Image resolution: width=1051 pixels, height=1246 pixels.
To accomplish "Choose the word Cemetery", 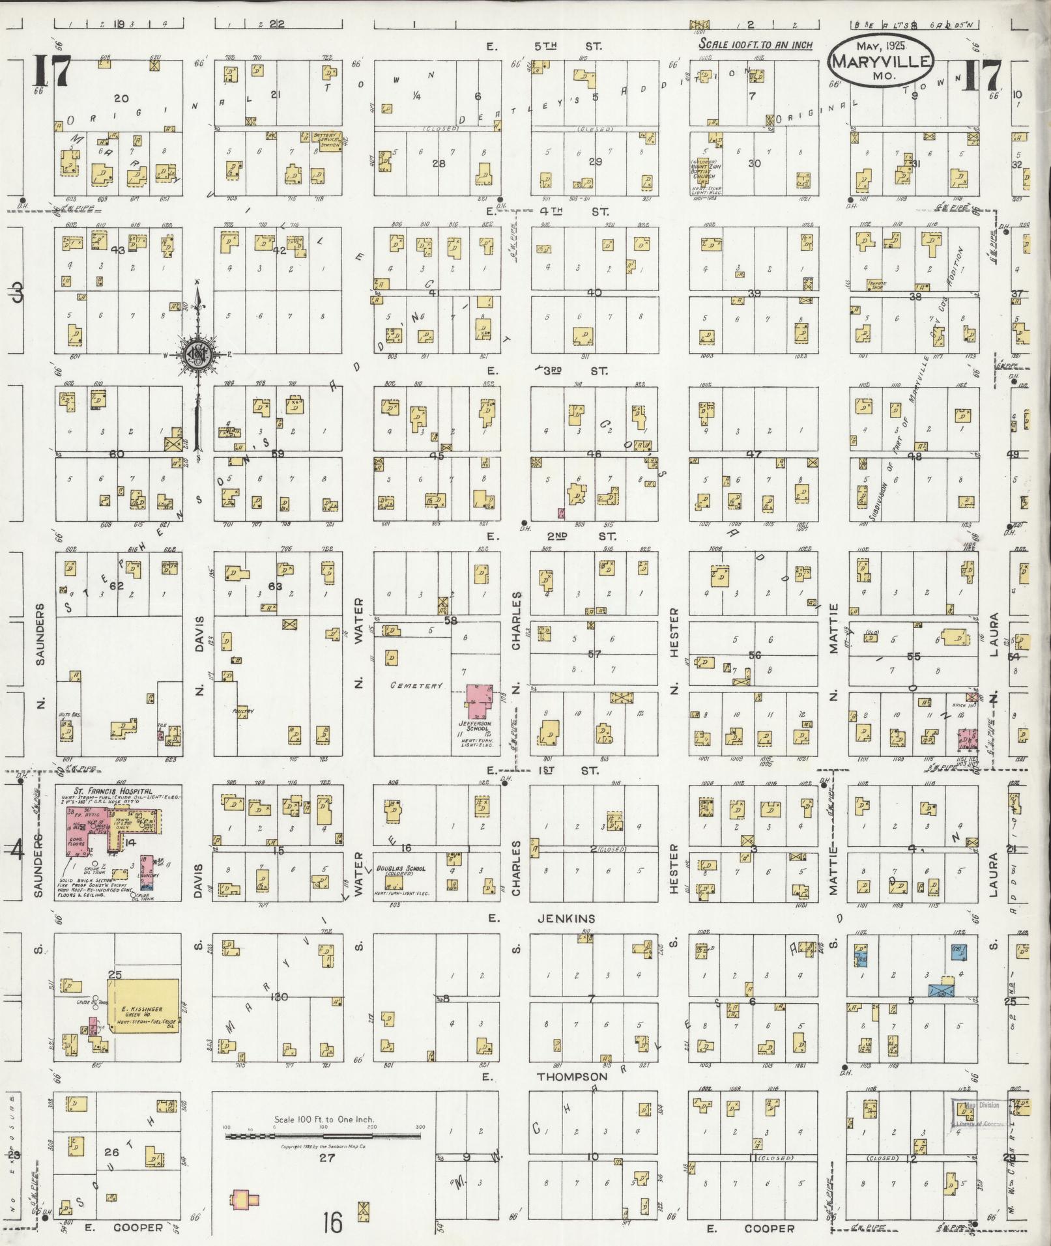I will point(416,685).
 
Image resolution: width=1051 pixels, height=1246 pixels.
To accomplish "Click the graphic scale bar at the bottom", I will point(323,1137).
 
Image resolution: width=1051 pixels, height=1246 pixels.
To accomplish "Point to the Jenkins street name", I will point(566,918).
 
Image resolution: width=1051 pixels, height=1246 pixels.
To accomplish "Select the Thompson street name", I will point(572,1077).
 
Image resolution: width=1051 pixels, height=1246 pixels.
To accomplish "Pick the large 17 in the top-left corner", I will point(52,72).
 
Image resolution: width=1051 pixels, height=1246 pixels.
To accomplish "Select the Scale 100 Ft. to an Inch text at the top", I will point(755,45).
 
